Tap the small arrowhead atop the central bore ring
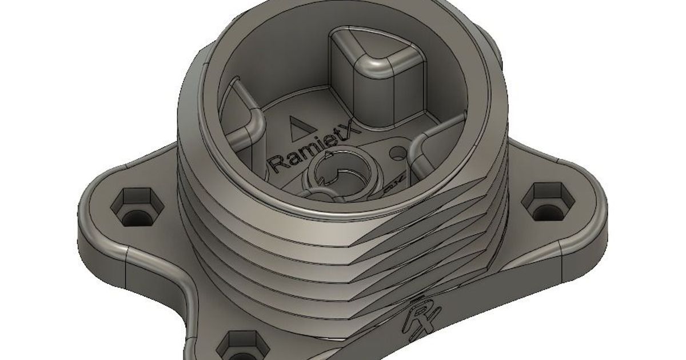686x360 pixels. click(x=328, y=154)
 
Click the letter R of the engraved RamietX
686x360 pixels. click(x=276, y=163)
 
